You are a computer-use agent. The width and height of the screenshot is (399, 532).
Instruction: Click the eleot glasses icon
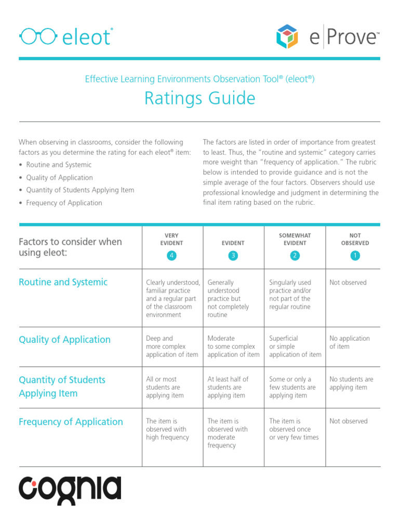pyautogui.click(x=38, y=36)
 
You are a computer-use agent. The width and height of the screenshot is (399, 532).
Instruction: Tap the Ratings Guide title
pyautogui.click(x=199, y=98)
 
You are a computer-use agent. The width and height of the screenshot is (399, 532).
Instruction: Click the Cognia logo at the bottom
pyautogui.click(x=70, y=490)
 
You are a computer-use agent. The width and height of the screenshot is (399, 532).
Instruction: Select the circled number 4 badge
pyautogui.click(x=172, y=255)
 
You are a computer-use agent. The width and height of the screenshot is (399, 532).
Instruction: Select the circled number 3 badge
pyautogui.click(x=233, y=255)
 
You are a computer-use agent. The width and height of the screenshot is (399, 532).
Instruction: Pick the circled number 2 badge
pyautogui.click(x=295, y=255)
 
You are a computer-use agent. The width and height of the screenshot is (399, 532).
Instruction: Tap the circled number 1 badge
pyautogui.click(x=355, y=255)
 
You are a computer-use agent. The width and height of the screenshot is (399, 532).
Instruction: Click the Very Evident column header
pyautogui.click(x=172, y=239)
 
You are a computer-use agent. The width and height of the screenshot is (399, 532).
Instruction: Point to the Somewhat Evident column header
pyautogui.click(x=295, y=239)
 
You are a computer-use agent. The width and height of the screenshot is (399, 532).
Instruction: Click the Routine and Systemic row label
pyautogui.click(x=63, y=282)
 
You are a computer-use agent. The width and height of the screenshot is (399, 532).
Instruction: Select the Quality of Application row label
pyautogui.click(x=64, y=340)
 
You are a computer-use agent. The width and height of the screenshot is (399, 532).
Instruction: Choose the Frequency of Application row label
pyautogui.click(x=71, y=422)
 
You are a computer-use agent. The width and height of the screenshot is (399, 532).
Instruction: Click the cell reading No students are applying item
pyautogui.click(x=351, y=383)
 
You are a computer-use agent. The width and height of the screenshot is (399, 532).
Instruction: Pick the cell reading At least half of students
pyautogui.click(x=228, y=387)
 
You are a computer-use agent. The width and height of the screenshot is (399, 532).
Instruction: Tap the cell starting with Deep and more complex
pyautogui.click(x=172, y=347)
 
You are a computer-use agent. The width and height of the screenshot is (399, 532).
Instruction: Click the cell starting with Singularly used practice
pyautogui.click(x=290, y=295)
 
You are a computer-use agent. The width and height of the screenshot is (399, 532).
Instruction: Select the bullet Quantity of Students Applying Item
pyautogui.click(x=79, y=190)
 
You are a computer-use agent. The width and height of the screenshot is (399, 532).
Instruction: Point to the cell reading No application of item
pyautogui.click(x=349, y=342)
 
